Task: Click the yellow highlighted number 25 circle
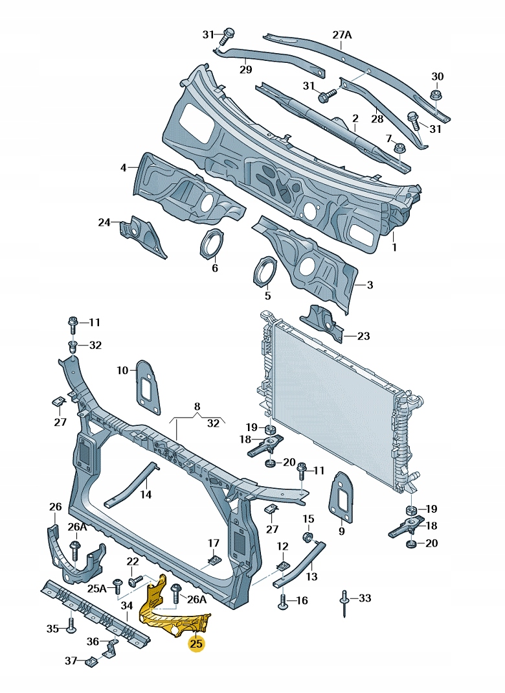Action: coord(196,644)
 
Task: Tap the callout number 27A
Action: coord(342,36)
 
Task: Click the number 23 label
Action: coord(364,336)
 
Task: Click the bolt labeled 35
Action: coord(70,628)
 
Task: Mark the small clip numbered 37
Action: coord(91,661)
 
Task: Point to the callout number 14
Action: coord(146,494)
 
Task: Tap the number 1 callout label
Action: coord(395,247)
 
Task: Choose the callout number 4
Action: coord(123,169)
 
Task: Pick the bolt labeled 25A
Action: coord(117,586)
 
